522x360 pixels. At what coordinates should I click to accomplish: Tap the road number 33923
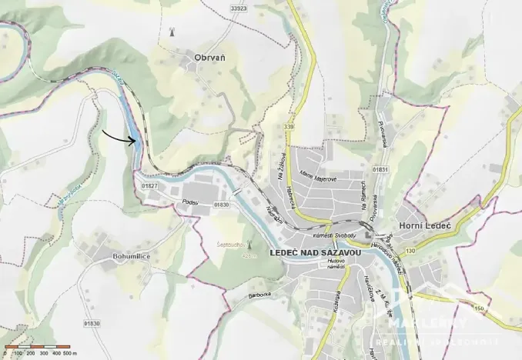click(239, 9)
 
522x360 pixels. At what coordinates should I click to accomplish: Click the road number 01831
click(380, 168)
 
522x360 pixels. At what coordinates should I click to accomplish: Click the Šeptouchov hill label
click(230, 245)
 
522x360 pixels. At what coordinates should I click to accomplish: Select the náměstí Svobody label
click(333, 233)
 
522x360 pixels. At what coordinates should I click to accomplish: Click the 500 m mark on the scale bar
click(71, 352)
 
